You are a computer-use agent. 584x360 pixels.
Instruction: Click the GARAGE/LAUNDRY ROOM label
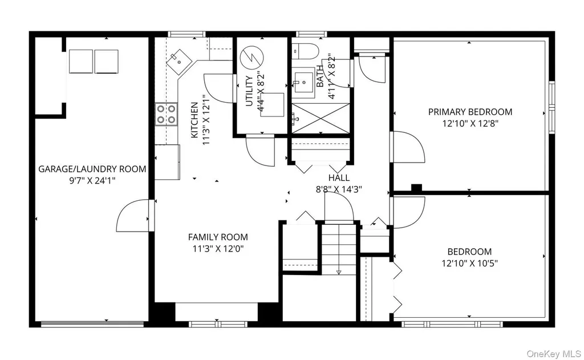(92, 169)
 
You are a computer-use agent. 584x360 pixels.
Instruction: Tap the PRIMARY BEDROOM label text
(470, 112)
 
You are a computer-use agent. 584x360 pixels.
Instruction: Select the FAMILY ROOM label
(218, 237)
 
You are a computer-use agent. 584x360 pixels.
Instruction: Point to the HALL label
(339, 178)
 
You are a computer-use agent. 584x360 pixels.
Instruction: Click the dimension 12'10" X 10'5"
(470, 264)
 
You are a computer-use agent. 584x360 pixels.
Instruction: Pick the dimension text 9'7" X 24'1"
(92, 181)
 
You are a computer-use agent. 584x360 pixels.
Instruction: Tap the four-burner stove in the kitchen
(166, 114)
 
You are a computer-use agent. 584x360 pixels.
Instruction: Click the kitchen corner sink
(179, 62)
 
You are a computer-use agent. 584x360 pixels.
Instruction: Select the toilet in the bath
(305, 51)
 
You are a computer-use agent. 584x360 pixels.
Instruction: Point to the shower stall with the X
(321, 119)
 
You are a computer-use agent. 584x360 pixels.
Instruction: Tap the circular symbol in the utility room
(252, 57)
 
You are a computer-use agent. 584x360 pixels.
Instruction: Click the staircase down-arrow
(339, 272)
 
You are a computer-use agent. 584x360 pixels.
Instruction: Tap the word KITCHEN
(194, 120)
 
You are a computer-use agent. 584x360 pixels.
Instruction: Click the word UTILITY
(250, 91)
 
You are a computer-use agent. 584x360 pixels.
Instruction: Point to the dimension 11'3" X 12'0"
(218, 249)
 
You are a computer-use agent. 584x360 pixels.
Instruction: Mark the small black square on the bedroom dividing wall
(416, 188)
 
